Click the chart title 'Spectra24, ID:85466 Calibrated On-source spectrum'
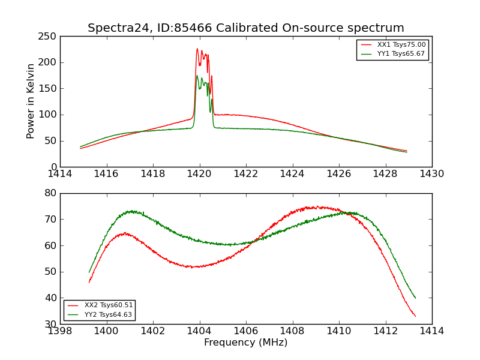coord(246,28)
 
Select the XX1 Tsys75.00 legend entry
coord(401,45)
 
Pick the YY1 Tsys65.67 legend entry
coord(401,54)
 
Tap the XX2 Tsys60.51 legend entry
coord(108,305)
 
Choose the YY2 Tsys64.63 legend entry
coord(108,314)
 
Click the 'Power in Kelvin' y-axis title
coord(31,101)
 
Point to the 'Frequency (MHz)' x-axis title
coord(246,343)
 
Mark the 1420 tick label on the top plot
coord(200,174)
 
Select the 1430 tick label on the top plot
coord(432,174)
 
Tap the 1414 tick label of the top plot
coord(60,174)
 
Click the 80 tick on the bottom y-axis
coord(50,193)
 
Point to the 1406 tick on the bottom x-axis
coord(246,331)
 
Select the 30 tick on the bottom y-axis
coord(50,324)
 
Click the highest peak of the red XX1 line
coord(197,49)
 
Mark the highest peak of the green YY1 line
coord(197,75)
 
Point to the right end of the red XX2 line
coord(415,316)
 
